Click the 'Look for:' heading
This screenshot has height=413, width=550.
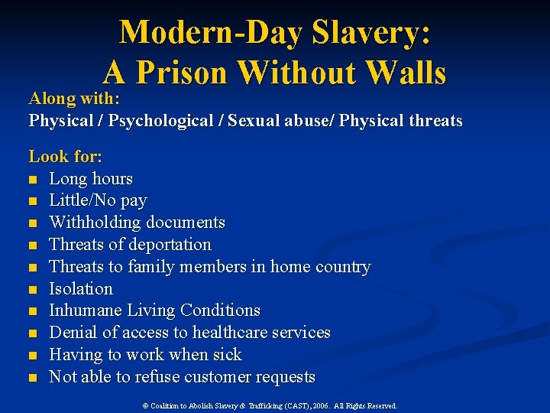pos(66,157)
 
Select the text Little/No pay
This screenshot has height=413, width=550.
pos(98,200)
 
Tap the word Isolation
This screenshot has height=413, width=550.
pos(81,289)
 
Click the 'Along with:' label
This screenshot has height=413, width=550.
pos(75,99)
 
